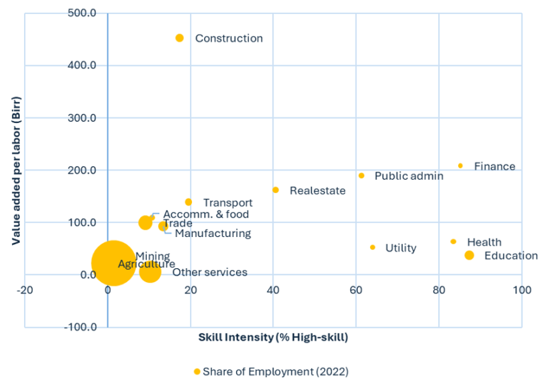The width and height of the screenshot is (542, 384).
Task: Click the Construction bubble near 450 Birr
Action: point(179,38)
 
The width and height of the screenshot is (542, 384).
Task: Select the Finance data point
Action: point(460,166)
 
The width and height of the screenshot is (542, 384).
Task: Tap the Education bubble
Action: point(469,256)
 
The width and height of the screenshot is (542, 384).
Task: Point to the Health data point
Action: point(453,242)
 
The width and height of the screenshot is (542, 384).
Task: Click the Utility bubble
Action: point(373,248)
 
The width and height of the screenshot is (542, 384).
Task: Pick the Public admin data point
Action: point(361,176)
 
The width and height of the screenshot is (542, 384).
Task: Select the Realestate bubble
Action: point(275,190)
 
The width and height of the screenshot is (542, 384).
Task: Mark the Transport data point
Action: point(189,202)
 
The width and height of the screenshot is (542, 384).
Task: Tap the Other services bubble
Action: point(150,272)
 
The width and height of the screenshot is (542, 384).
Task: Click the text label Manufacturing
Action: point(213,234)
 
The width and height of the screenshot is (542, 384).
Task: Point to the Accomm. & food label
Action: point(205,214)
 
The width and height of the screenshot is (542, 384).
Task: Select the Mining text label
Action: point(153,256)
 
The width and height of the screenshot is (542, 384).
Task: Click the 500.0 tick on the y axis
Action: point(83,13)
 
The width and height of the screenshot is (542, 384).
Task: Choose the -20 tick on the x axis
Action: point(25,290)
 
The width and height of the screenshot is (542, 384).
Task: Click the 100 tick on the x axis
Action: point(521,290)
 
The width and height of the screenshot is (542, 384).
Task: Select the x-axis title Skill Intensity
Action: point(273,337)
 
